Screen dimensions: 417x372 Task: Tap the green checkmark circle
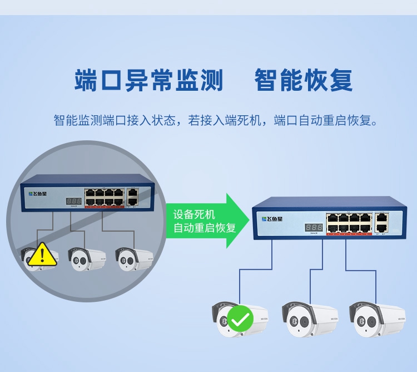pyautogui.click(x=241, y=320)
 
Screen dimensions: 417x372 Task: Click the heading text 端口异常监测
pyautogui.click(x=148, y=80)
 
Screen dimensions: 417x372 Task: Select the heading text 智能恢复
pyautogui.click(x=304, y=80)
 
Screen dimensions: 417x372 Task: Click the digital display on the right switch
pyautogui.click(x=314, y=228)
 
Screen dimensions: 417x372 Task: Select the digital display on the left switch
pyautogui.click(x=74, y=201)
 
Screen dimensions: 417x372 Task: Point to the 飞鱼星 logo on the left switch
pyautogui.click(x=38, y=194)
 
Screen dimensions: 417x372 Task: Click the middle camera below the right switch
pyautogui.click(x=309, y=319)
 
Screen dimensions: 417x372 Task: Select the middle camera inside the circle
pyautogui.click(x=87, y=257)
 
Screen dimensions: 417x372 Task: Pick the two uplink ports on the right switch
pyautogui.click(x=381, y=222)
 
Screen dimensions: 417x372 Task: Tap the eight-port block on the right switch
pyautogui.click(x=349, y=222)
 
